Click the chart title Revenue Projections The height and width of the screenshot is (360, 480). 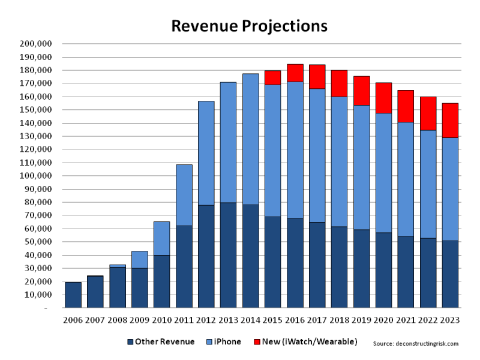[x=249, y=26]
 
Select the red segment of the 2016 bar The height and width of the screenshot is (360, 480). [x=295, y=73]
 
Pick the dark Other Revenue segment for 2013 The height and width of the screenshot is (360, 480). [x=229, y=256]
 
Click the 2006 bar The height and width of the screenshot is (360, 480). [x=73, y=295]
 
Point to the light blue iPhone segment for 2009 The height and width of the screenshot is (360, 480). [x=140, y=259]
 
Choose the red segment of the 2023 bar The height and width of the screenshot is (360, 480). [x=450, y=120]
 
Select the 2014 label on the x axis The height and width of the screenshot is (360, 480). [x=251, y=320]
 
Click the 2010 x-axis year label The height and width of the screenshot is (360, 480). [x=162, y=320]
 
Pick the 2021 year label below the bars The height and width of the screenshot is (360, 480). [x=406, y=320]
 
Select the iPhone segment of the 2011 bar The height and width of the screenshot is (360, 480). [x=184, y=195]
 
